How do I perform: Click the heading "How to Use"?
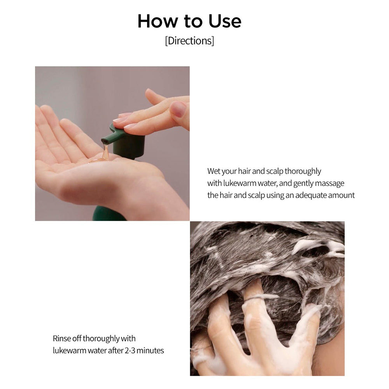coord(189,21)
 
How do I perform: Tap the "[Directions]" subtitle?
coord(189,41)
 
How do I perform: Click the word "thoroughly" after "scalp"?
coord(303,171)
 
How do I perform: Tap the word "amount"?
coord(341,195)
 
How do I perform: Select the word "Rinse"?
coord(62,338)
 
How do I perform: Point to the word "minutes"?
coord(151,350)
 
